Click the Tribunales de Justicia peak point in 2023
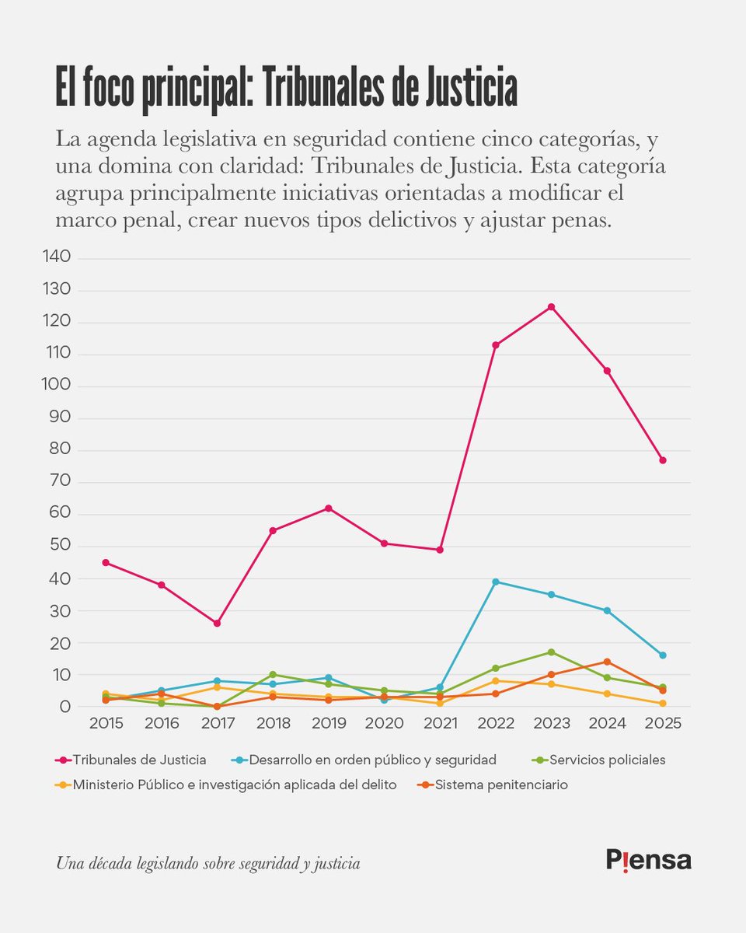(551, 307)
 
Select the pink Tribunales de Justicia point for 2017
(217, 624)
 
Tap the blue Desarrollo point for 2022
(495, 582)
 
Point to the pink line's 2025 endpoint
(662, 460)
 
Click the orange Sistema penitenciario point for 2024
(607, 662)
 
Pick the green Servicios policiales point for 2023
(551, 652)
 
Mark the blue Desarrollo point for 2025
(662, 655)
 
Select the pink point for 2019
(328, 508)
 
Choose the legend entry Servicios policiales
(610, 760)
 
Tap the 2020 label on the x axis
(384, 724)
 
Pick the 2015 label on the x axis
(106, 724)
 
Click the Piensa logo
(648, 859)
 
